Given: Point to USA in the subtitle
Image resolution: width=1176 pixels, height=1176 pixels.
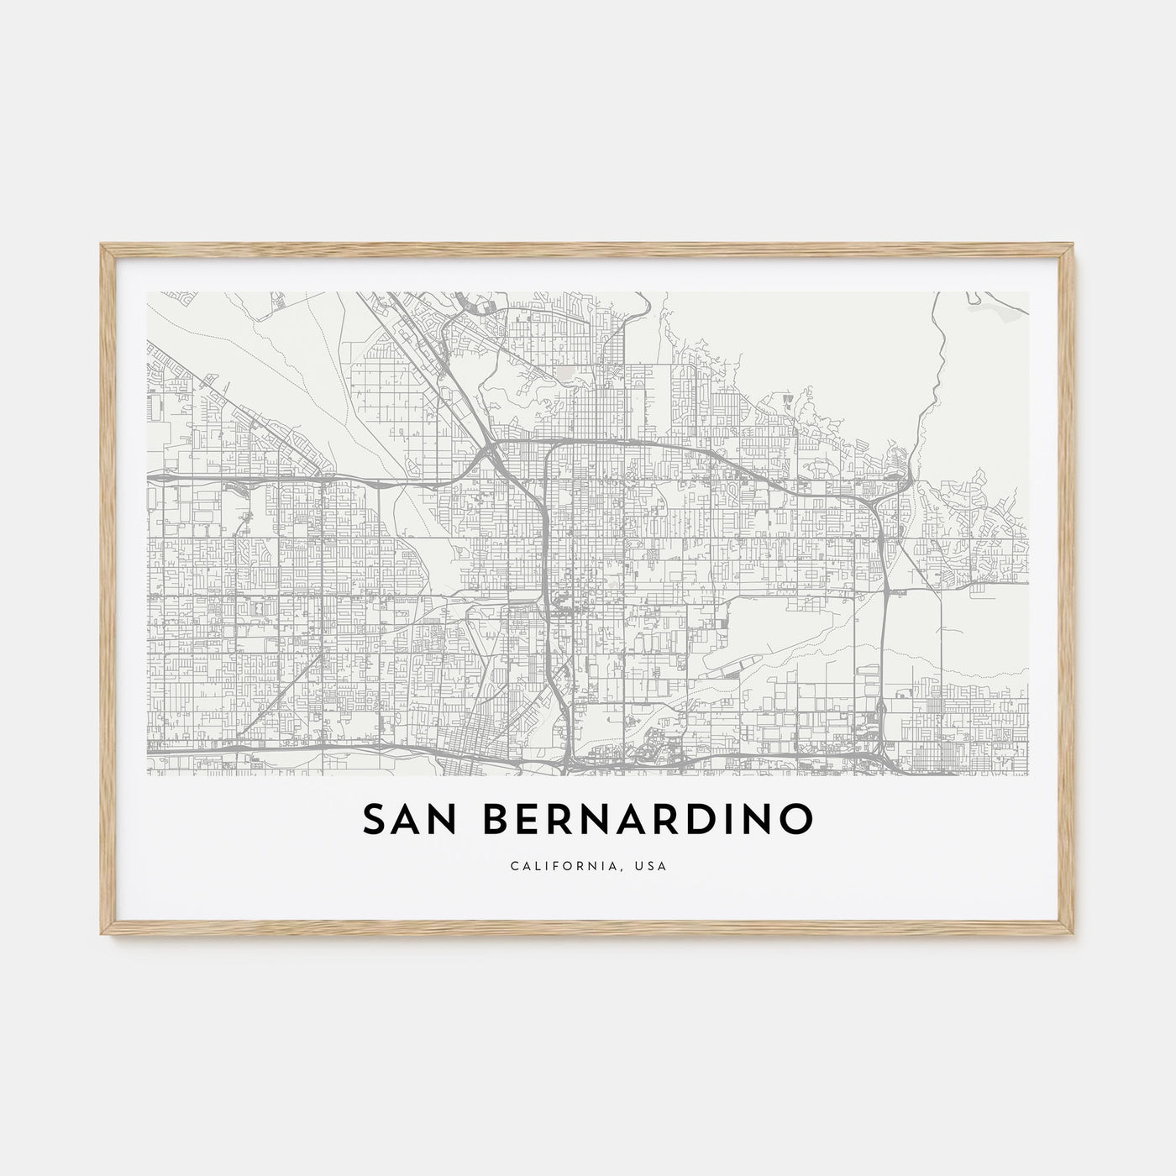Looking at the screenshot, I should [x=652, y=866].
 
